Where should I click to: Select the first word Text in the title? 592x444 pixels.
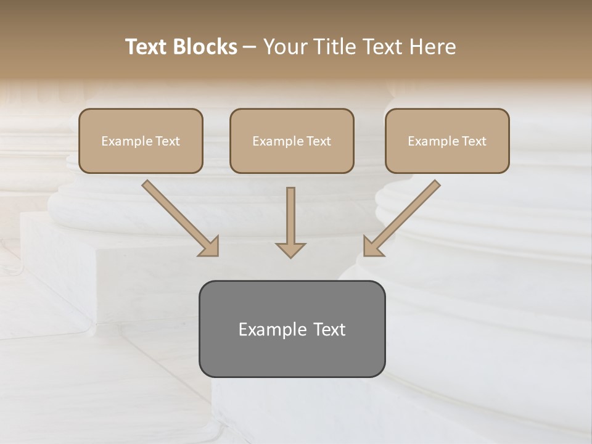146,47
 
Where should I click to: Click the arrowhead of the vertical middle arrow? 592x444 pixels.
290,250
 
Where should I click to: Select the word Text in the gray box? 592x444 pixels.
328,330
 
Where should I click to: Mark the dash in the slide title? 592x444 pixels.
250,47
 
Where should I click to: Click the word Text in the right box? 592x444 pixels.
474,141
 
